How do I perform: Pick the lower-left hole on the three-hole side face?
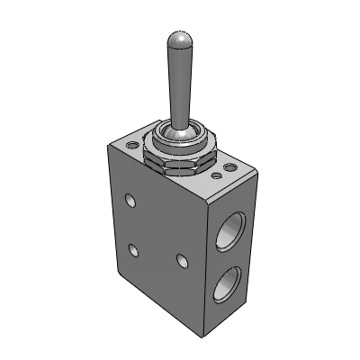pyautogui.click(x=134, y=249)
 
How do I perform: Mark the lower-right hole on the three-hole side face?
pyautogui.click(x=183, y=261)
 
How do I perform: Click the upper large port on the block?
pyautogui.click(x=237, y=227)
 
